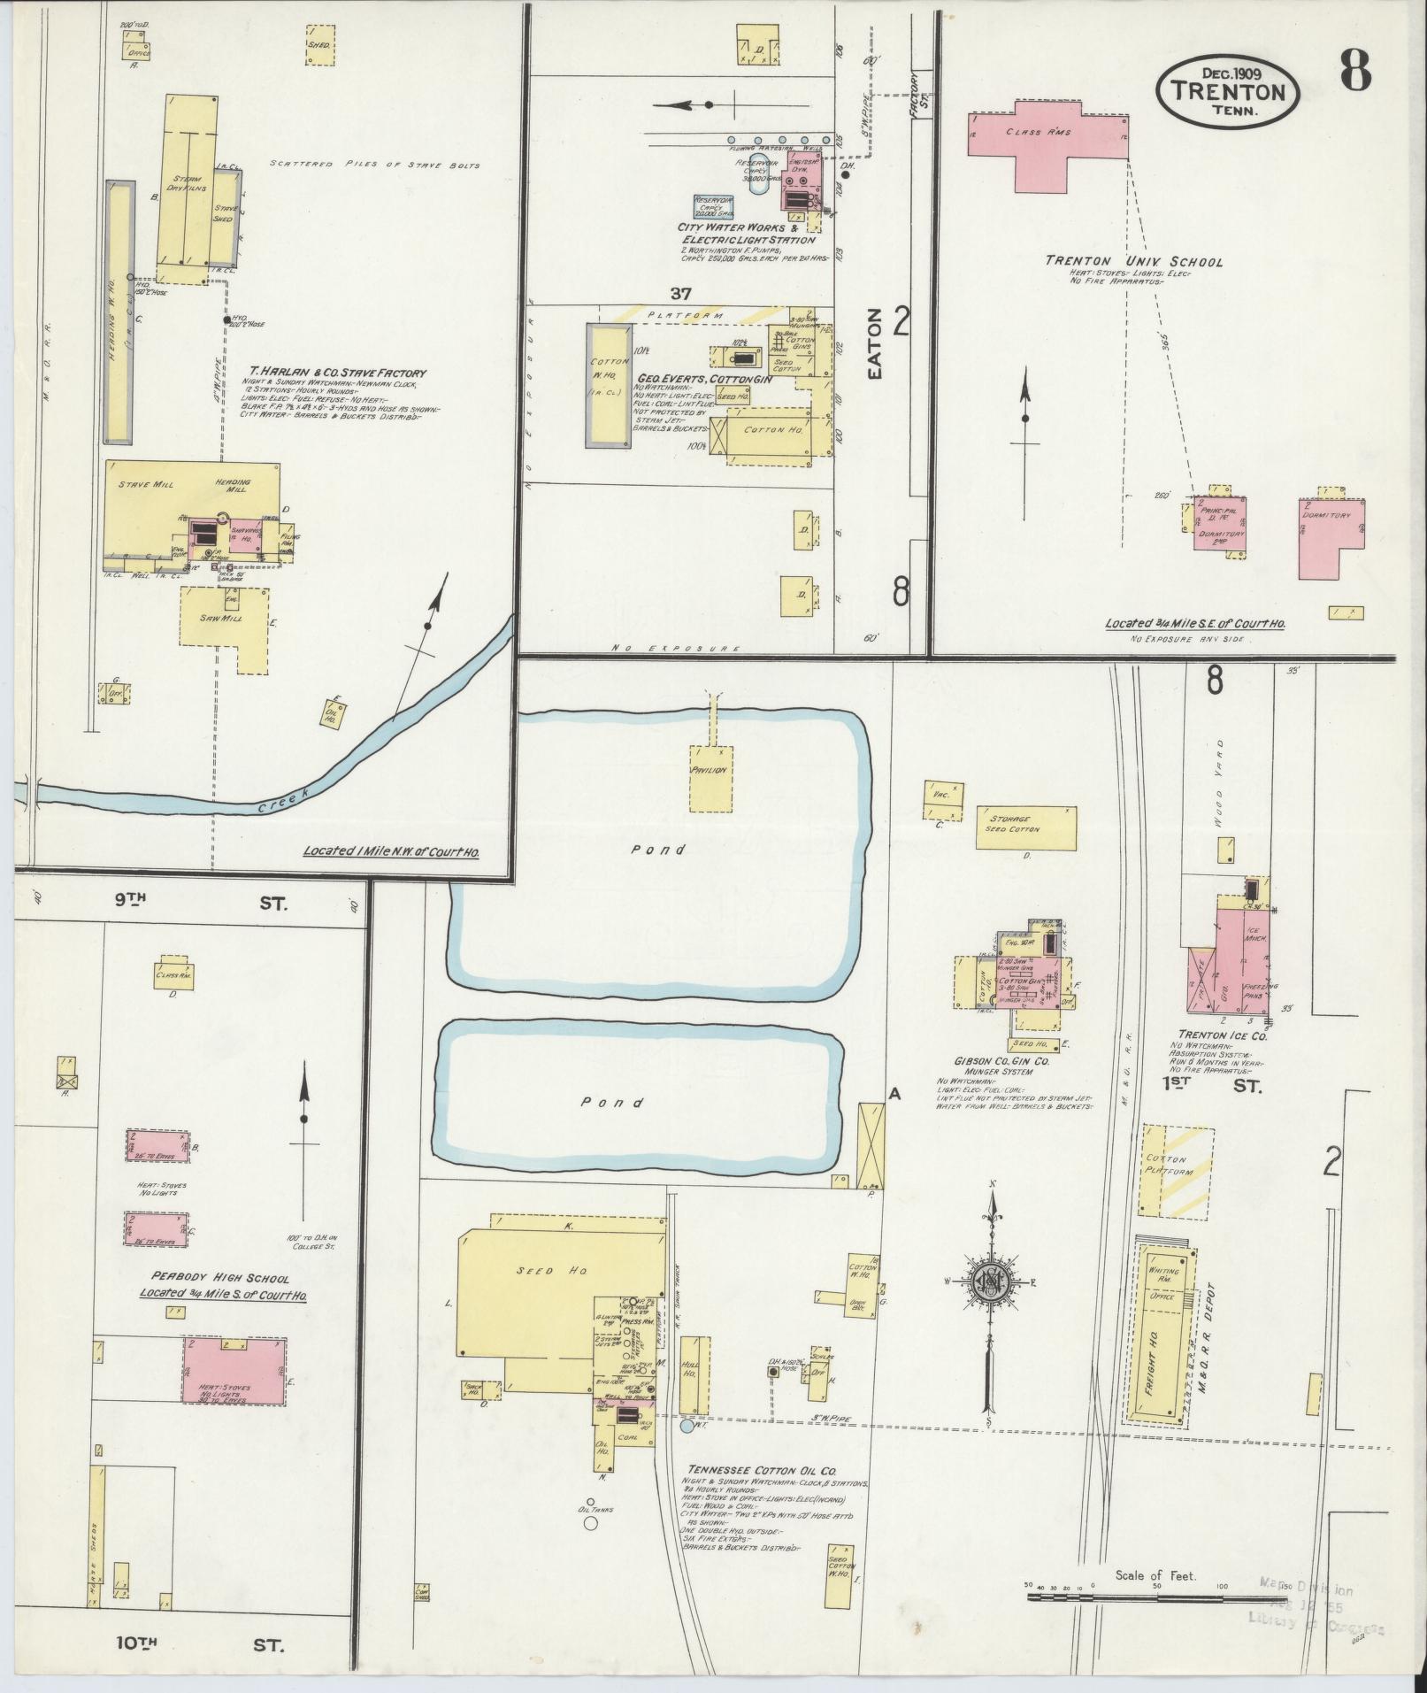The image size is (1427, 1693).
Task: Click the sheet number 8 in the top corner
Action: pos(1354,68)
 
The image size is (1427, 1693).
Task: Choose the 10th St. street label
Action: pos(200,1645)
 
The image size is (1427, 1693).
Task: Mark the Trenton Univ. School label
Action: pos(1133,261)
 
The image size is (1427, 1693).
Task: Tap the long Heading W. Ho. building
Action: pos(119,312)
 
